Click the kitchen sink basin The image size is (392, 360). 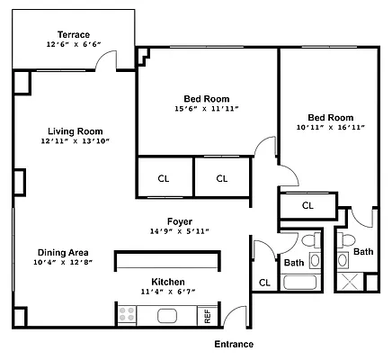click(x=168, y=316)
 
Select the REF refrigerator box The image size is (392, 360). click(x=207, y=316)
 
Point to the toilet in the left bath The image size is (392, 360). click(x=308, y=242)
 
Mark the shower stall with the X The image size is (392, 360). click(x=347, y=278)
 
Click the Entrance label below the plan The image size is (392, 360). click(x=233, y=345)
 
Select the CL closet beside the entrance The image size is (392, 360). click(x=264, y=283)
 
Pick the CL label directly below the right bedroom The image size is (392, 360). click(x=307, y=206)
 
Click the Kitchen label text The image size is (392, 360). click(x=168, y=281)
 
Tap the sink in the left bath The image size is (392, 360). click(x=315, y=262)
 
